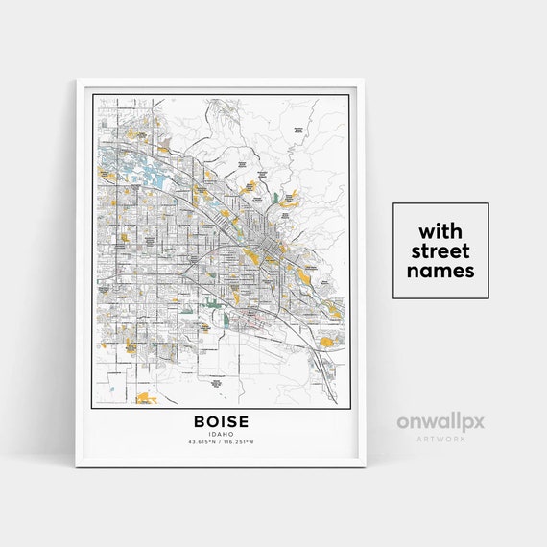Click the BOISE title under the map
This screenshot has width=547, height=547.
[221, 421]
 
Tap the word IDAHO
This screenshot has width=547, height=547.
[221, 433]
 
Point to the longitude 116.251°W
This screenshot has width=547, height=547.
[240, 441]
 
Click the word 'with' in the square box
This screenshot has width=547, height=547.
[440, 232]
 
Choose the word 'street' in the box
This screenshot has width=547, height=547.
[440, 251]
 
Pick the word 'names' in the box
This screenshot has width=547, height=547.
[440, 271]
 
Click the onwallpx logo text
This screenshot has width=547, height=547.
[440, 421]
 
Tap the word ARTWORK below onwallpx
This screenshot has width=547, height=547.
[440, 437]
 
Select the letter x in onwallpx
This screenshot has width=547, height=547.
[474, 421]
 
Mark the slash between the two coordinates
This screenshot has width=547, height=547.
[221, 441]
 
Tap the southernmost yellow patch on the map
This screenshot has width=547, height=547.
[145, 396]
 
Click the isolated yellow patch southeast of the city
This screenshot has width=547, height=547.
[326, 341]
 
